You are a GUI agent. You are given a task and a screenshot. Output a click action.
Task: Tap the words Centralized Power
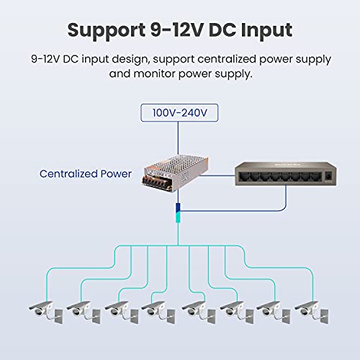(86, 174)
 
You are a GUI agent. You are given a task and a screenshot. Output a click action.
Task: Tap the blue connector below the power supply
(178, 214)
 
